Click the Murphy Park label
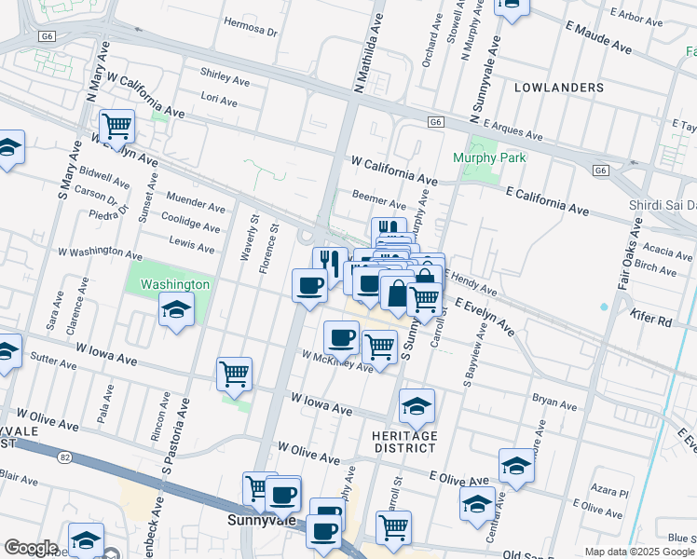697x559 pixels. coord(489,157)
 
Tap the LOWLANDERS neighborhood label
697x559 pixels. coord(559,88)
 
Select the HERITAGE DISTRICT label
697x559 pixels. coord(404,442)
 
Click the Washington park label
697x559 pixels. coord(175,284)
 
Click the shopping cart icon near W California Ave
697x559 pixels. coord(116,125)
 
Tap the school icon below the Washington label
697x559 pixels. coord(176,309)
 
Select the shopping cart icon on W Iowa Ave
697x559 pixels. coord(235,374)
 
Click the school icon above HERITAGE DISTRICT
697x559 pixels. coord(417,404)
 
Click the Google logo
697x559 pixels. coord(31,548)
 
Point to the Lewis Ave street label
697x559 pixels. coord(192,245)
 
